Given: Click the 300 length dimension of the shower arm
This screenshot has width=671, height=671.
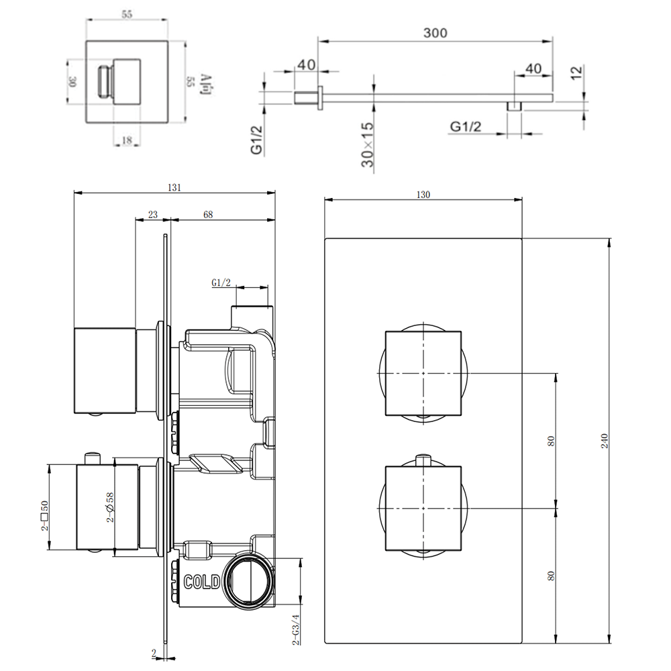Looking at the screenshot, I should coord(435,32).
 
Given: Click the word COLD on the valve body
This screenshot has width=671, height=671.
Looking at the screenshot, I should coord(202,582).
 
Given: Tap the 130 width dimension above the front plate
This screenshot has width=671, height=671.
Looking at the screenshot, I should coord(423,195).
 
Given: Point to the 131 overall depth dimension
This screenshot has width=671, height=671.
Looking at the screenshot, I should coord(174,189).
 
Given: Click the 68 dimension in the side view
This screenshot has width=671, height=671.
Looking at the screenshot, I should coord(207,215).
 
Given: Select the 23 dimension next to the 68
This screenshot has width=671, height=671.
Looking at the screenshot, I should coord(152,215).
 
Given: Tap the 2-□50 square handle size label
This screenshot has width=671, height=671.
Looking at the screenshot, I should coord(44,515).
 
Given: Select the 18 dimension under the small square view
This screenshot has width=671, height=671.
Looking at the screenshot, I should coord(126,140).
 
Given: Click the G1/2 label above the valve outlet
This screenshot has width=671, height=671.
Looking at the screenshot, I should coord(222,283).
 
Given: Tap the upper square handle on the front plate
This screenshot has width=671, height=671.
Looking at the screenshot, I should coord(423,372).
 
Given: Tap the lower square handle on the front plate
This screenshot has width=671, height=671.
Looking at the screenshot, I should coord(423,507).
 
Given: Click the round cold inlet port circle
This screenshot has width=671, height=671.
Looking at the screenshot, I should coord(249,578).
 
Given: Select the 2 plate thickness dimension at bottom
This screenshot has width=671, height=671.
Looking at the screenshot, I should coord(154,653).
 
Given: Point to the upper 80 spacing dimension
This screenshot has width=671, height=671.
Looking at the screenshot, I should coord(551,442).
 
